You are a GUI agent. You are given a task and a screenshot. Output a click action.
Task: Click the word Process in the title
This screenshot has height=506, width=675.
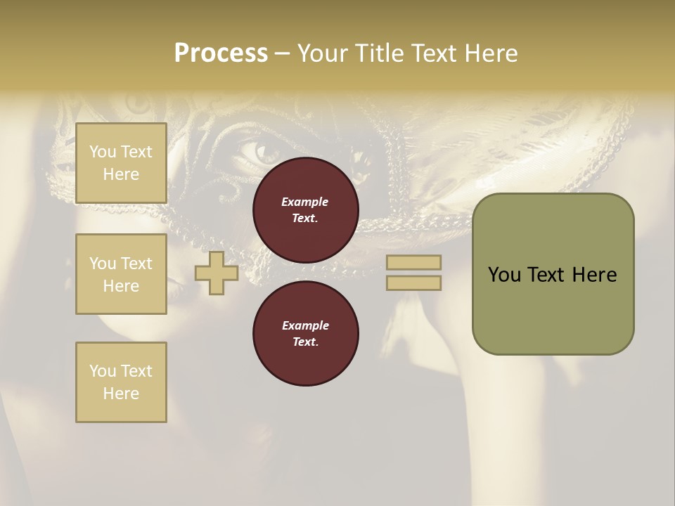pos(221,53)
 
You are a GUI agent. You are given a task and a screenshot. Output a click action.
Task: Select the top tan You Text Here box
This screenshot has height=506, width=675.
pos(121,163)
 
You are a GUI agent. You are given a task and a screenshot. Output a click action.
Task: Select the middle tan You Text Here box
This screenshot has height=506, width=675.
pos(121,274)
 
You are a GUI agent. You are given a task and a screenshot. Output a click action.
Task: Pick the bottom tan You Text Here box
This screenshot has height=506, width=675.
pos(121,382)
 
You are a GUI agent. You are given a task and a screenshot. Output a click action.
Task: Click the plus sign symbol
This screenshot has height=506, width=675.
pos(217,273)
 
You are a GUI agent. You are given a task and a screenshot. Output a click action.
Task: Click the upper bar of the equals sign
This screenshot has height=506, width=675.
pos(413,262)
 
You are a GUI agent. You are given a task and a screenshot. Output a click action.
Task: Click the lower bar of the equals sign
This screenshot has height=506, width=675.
pos(413,283)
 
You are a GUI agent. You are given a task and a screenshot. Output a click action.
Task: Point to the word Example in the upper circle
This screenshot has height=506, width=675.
pos(305,202)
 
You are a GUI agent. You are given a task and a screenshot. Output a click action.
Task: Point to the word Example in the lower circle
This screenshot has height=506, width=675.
pos(305,325)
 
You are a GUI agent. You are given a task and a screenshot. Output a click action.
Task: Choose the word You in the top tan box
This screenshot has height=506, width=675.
pos(102,152)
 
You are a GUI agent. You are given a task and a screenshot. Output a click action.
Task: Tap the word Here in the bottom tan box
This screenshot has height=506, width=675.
pos(121,394)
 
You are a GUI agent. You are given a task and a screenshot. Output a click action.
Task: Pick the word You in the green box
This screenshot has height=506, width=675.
pos(503,275)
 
